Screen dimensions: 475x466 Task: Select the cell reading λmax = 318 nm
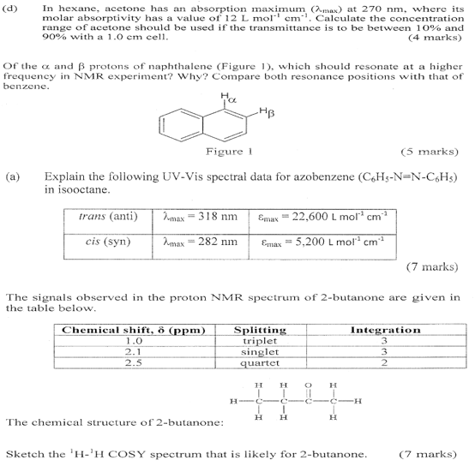pos(200,218)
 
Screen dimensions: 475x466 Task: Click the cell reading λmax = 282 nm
pos(200,242)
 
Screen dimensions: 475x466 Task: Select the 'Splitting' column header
pos(260,330)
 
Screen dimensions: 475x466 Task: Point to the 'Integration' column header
pos(385,330)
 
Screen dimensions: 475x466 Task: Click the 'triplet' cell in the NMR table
pos(260,340)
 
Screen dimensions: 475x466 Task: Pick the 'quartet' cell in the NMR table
pos(260,362)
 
